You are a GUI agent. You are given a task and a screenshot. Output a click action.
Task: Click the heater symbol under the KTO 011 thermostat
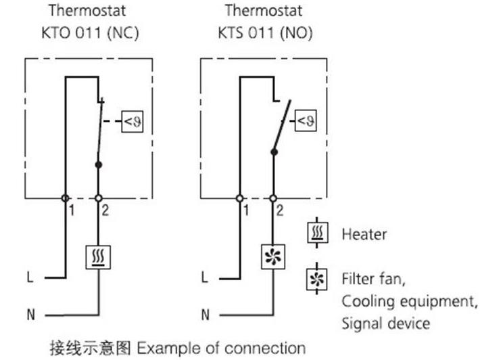98,256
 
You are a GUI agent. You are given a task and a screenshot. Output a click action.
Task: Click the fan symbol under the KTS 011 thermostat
273,256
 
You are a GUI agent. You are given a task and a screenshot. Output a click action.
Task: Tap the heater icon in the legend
316,235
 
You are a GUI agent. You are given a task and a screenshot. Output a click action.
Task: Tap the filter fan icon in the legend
316,277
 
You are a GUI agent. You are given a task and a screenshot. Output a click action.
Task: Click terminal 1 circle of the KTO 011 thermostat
65,198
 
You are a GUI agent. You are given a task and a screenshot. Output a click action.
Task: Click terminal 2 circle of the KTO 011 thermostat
98,198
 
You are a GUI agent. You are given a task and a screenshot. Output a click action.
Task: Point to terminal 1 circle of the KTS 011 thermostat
240,198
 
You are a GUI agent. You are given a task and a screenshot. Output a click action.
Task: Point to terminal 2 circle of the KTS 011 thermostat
273,198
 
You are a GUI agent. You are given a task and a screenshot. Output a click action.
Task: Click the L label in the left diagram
30,277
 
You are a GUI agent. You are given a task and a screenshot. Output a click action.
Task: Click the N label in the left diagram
30,314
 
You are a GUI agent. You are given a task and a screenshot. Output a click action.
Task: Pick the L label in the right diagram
206,277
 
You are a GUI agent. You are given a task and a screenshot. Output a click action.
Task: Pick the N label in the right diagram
206,314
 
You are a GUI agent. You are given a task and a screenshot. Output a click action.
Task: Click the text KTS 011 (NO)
265,32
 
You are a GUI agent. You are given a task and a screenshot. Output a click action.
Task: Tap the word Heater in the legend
364,235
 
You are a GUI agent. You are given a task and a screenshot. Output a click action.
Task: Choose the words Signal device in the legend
385,323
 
